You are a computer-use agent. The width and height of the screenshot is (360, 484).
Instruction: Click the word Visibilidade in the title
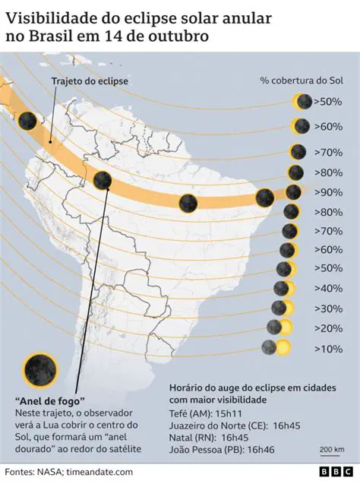point(50,16)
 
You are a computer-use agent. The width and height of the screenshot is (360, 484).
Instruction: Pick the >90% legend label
point(327,192)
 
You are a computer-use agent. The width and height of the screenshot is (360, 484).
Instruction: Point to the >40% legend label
point(327,288)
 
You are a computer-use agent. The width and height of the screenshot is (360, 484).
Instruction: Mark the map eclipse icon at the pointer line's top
point(103,180)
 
